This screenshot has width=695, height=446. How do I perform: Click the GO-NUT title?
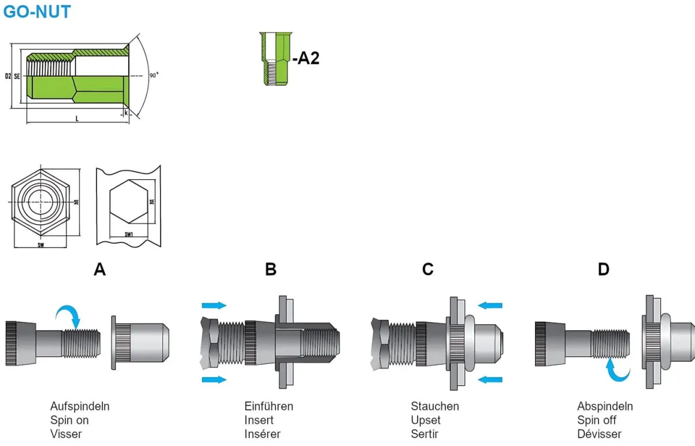coord(37,11)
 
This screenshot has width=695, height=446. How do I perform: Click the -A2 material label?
coord(306,58)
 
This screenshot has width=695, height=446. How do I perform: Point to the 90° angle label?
coord(154,75)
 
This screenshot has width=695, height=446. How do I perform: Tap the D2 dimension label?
coord(7,76)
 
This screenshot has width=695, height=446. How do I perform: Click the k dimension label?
coord(126,113)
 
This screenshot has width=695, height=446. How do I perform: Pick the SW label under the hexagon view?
coord(41,245)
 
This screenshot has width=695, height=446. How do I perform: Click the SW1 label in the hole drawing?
coord(128,234)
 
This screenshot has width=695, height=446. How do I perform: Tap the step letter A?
coord(100,270)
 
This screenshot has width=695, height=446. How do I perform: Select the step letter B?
coord(271,270)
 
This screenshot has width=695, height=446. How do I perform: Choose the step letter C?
coord(427,270)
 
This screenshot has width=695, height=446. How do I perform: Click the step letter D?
coord(603,270)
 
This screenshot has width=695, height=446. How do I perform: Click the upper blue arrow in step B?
coord(214,305)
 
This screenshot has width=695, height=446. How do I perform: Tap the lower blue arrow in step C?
coord(491,379)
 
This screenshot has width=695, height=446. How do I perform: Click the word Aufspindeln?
coord(80,406)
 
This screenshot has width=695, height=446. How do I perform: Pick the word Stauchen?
coord(435,406)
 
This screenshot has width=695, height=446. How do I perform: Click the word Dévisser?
coord(599,434)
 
